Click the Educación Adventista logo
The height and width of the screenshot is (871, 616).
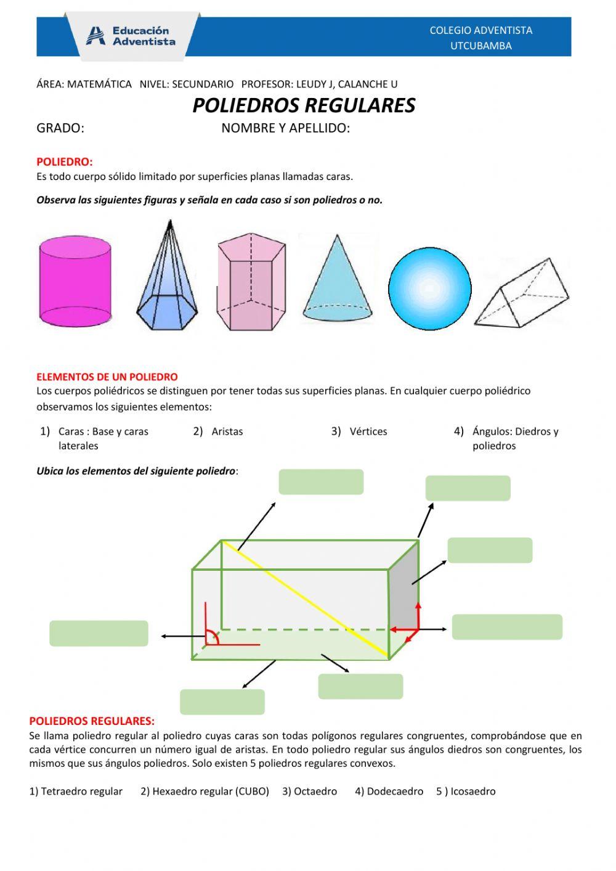(x=131, y=36)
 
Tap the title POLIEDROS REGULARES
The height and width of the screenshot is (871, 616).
(x=304, y=105)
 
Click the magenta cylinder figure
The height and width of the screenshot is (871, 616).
(x=75, y=282)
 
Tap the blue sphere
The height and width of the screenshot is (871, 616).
(x=429, y=288)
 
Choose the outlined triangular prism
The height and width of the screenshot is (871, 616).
(x=521, y=293)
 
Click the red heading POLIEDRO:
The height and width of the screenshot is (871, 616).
(x=64, y=162)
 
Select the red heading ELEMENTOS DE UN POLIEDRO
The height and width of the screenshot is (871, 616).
(x=107, y=377)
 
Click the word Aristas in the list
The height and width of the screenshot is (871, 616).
(x=227, y=431)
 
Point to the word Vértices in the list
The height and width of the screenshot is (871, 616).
(x=368, y=431)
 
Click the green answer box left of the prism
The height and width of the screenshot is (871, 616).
(x=99, y=633)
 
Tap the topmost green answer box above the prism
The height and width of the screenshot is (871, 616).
(x=321, y=481)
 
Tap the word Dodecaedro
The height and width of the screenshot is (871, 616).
(x=395, y=791)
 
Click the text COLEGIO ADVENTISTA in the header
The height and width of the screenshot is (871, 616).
(x=480, y=30)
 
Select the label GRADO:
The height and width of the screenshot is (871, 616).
(x=60, y=128)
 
